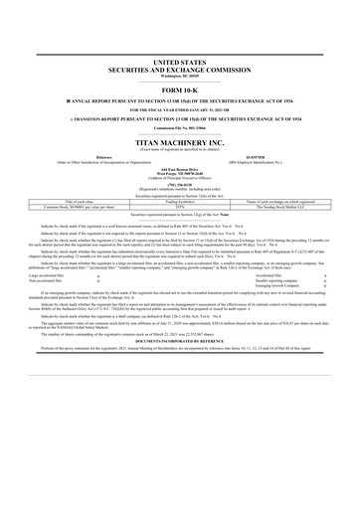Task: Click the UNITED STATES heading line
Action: coord(179,60)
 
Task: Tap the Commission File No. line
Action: coord(179,128)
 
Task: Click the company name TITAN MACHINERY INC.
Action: coord(179,143)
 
